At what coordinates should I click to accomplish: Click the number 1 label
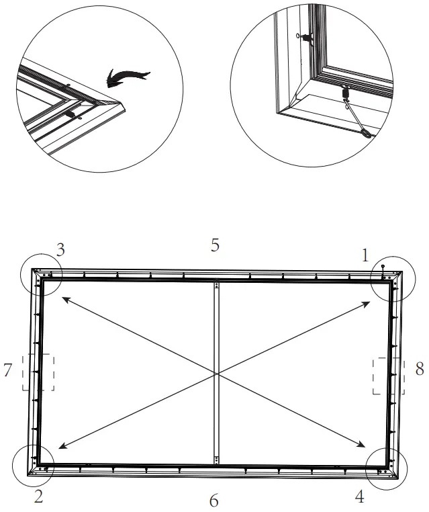pyautogui.click(x=365, y=255)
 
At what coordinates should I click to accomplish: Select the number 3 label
pyautogui.click(x=60, y=251)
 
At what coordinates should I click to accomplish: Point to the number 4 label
pyautogui.click(x=360, y=497)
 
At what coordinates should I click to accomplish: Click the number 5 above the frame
pyautogui.click(x=215, y=245)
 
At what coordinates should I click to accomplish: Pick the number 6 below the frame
pyautogui.click(x=213, y=501)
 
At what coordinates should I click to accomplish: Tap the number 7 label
pyautogui.click(x=9, y=370)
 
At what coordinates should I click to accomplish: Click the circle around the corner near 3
pyautogui.click(x=40, y=274)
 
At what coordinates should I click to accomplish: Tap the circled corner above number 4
pyautogui.click(x=387, y=468)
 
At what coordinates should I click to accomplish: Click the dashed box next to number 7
pyautogui.click(x=38, y=372)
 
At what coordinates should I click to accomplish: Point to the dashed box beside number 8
pyautogui.click(x=389, y=376)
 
